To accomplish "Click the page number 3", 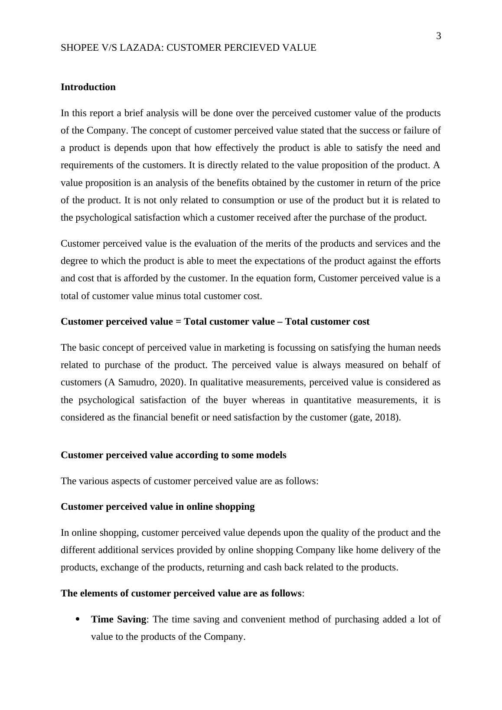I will point(438,36).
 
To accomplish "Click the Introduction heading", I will point(88,87).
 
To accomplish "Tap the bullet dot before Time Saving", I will point(78,619).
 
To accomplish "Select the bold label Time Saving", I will point(118,619).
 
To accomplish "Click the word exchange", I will point(117,567).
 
